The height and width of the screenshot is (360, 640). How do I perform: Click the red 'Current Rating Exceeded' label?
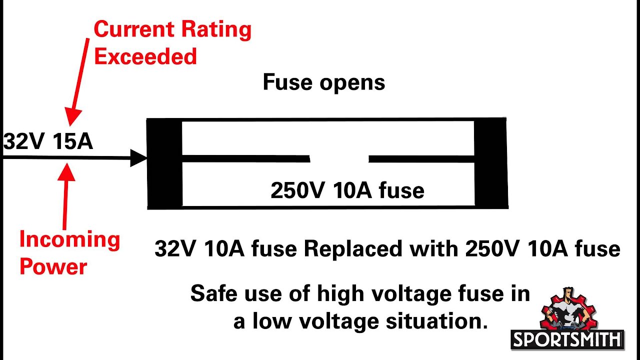click(171, 43)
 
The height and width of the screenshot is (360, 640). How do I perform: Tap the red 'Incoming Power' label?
click(69, 253)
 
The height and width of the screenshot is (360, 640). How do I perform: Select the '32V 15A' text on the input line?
click(48, 141)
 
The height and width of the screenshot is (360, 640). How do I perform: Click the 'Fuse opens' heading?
click(323, 82)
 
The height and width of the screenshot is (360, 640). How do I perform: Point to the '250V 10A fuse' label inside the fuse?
click(347, 190)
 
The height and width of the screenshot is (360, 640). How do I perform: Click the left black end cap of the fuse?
click(164, 163)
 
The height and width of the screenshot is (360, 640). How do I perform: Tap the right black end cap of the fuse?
click(490, 163)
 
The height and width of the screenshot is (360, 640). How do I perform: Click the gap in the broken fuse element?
click(339, 159)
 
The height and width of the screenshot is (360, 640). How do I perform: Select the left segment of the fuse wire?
click(245, 159)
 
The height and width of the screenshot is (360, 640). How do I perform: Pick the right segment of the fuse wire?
click(421, 159)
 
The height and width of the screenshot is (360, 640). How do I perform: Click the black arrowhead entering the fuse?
click(138, 158)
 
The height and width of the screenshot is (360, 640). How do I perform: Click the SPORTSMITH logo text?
click(567, 340)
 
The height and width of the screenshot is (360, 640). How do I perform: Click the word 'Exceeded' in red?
click(145, 56)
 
